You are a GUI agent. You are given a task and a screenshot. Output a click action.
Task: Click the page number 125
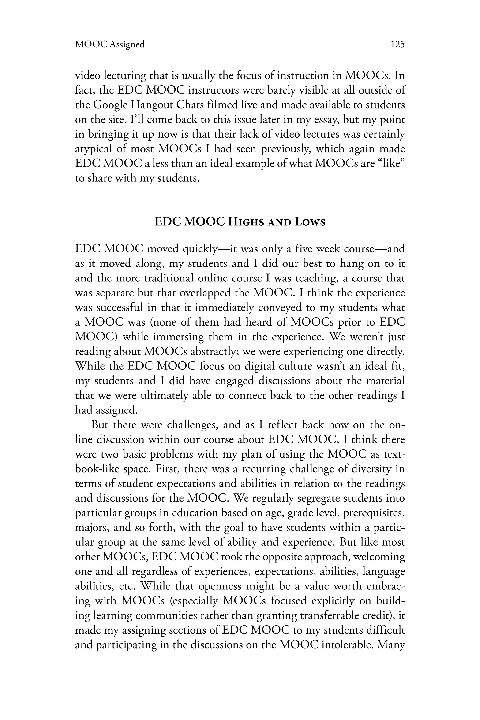point(397,45)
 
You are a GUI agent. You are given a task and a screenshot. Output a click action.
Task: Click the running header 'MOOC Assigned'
point(110,45)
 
